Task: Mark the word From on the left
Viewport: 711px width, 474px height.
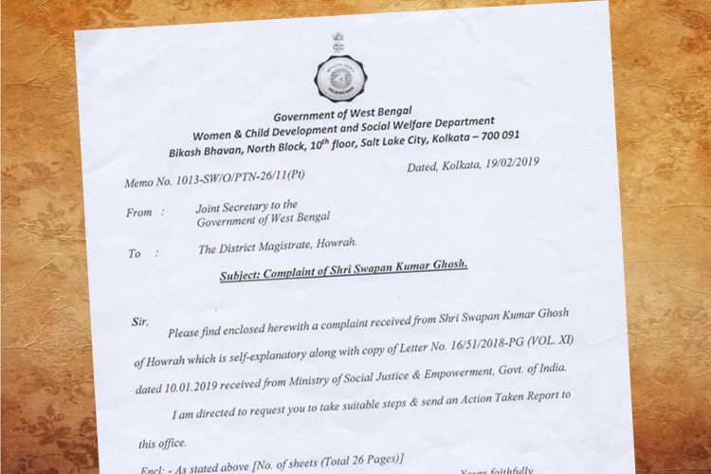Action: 139,212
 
